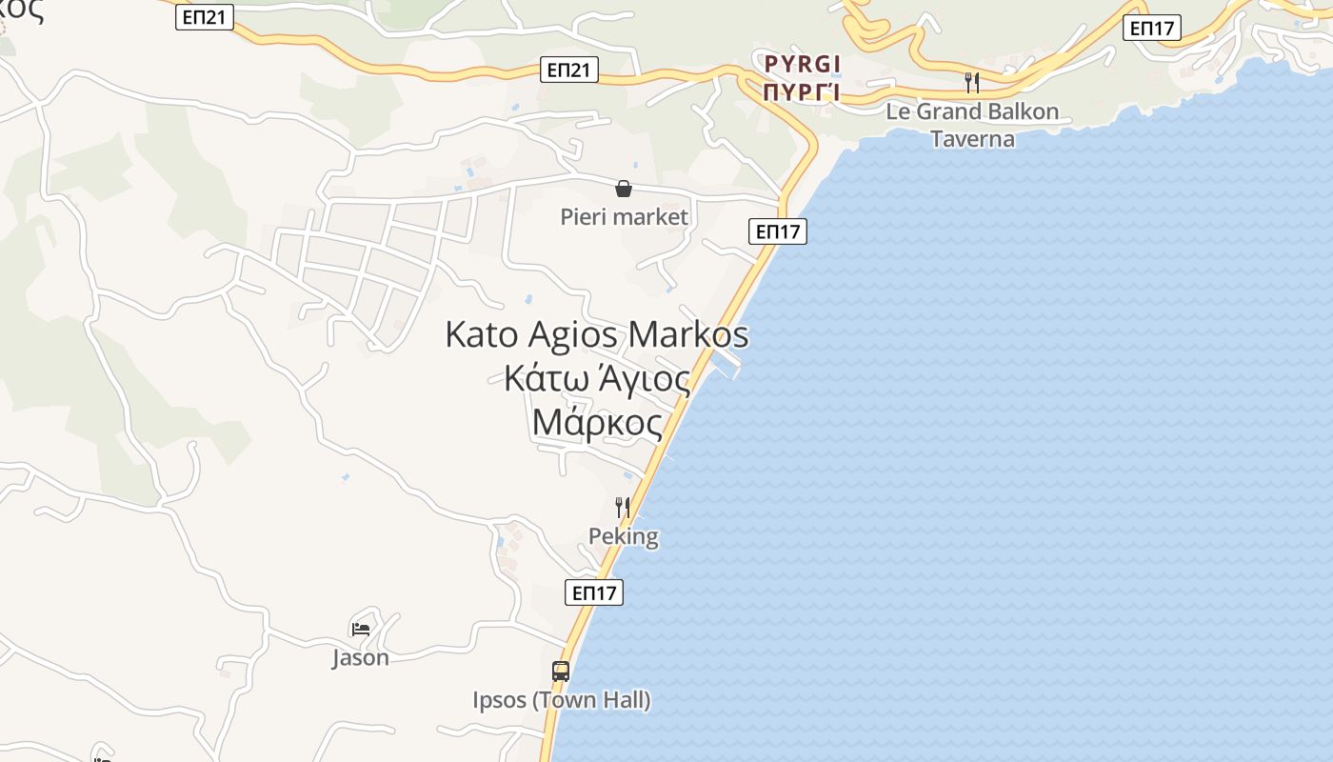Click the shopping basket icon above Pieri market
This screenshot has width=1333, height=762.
pyautogui.click(x=624, y=189)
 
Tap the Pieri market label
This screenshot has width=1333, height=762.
pyautogui.click(x=624, y=217)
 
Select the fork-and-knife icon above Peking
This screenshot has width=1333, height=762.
pyautogui.click(x=623, y=507)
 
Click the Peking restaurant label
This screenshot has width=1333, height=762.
pyautogui.click(x=624, y=536)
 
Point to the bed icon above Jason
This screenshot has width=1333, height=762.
pyautogui.click(x=361, y=629)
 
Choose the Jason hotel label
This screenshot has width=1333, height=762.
pyautogui.click(x=361, y=657)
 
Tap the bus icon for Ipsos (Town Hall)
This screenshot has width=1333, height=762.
pyautogui.click(x=561, y=671)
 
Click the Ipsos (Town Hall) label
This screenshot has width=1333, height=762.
pyautogui.click(x=562, y=700)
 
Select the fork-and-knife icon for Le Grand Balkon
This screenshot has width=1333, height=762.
pyautogui.click(x=972, y=82)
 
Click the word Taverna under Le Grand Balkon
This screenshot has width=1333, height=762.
pyautogui.click(x=972, y=139)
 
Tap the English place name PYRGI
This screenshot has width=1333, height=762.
pyautogui.click(x=803, y=64)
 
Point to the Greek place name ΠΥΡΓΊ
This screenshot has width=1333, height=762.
pyautogui.click(x=803, y=91)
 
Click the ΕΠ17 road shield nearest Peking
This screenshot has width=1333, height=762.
pyautogui.click(x=594, y=592)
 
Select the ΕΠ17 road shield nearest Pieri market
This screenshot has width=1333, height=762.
pyautogui.click(x=778, y=231)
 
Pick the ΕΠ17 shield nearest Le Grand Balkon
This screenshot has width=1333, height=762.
pyautogui.click(x=1152, y=28)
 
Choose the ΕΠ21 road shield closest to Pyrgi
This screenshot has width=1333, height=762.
pyautogui.click(x=569, y=69)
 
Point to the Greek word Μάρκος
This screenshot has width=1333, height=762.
pyautogui.click(x=597, y=421)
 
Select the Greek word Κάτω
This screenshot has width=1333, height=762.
pyautogui.click(x=546, y=378)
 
